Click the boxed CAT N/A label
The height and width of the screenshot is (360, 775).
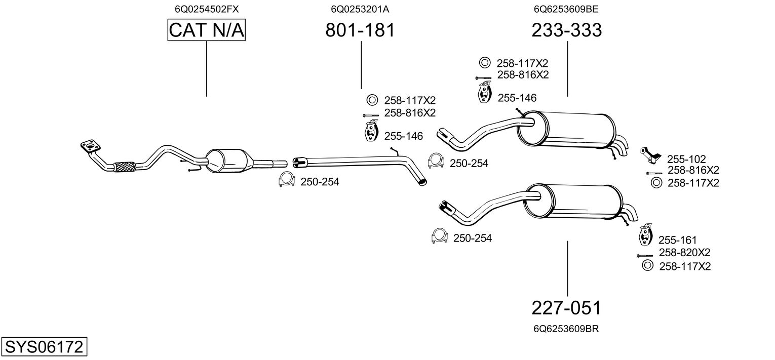[x=207, y=30]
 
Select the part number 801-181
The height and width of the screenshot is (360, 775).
[x=360, y=30]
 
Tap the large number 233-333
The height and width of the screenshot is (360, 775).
[x=567, y=30]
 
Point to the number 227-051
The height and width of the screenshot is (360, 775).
[x=567, y=307]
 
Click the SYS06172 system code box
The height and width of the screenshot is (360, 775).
[x=44, y=347]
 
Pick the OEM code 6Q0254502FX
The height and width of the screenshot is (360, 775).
[x=207, y=9]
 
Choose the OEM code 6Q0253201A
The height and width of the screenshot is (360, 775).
[x=360, y=9]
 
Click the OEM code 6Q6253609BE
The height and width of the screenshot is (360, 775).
[x=567, y=9]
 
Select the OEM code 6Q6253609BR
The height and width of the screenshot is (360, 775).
[x=566, y=329]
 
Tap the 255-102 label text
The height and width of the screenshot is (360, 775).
[x=686, y=159]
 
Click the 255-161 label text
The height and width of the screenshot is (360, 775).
[x=678, y=240]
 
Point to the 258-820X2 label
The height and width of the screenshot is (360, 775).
[x=684, y=252]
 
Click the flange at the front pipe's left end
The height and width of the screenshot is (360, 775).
[x=90, y=147]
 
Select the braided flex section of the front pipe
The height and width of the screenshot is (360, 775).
[x=125, y=166]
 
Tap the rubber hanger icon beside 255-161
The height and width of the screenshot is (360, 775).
[x=646, y=234]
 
